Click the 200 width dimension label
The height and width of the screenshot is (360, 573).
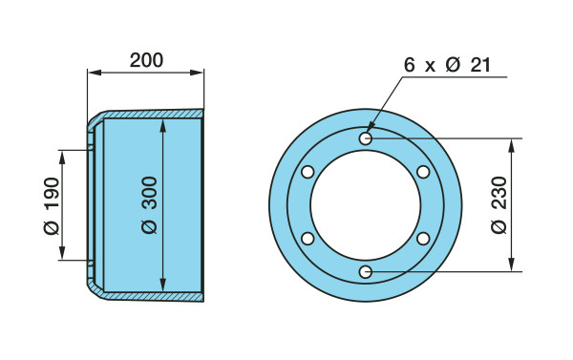(146, 60)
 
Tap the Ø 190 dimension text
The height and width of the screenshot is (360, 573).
(52, 205)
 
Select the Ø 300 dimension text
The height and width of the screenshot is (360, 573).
(150, 205)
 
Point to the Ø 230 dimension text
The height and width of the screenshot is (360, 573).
(499, 205)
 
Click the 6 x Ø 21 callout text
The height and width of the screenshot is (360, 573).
(447, 65)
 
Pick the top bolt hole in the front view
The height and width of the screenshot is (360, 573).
(366, 138)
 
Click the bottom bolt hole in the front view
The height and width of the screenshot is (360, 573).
(366, 272)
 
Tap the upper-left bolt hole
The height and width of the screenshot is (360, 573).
(308, 172)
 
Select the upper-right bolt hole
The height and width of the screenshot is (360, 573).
(423, 172)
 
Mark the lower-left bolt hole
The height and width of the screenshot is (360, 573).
(308, 239)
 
